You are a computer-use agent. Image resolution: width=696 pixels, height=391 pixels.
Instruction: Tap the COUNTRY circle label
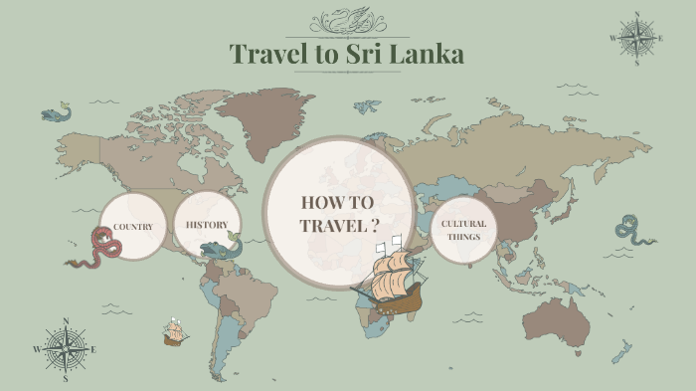[132, 227]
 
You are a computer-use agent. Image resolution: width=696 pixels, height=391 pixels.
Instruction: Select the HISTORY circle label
[207, 224]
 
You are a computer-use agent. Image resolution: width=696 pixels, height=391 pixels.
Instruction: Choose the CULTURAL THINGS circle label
[463, 230]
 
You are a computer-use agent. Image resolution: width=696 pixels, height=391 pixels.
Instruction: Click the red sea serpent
[95, 250]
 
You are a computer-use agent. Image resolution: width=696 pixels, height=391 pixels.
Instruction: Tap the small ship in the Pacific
[176, 332]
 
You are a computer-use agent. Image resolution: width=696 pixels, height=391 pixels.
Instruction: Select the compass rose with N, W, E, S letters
[66, 349]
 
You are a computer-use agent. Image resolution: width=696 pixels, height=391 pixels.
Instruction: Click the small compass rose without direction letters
[634, 38]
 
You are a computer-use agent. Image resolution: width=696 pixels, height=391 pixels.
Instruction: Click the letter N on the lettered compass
[66, 321]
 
